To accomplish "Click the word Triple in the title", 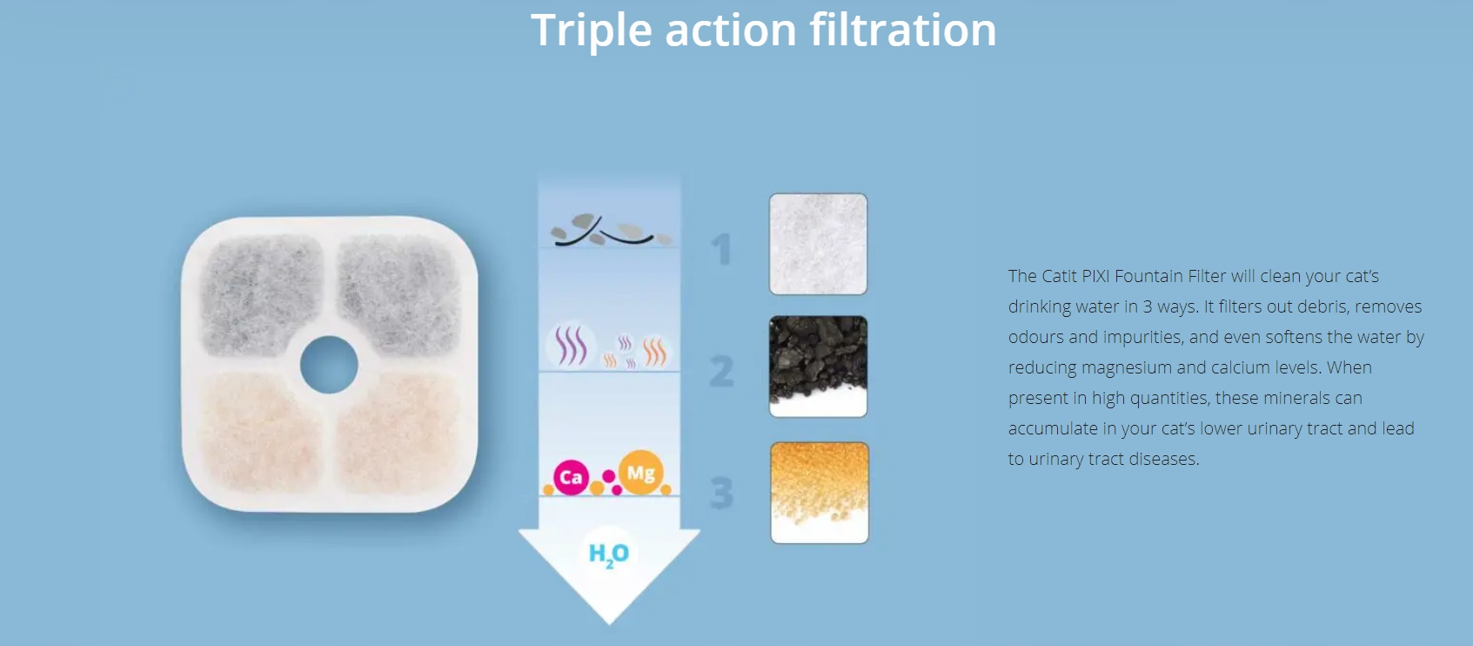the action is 591,31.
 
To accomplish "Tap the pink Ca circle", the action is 571,477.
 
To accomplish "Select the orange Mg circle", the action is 640,473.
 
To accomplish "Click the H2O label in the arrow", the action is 609,554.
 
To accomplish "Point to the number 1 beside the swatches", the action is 722,249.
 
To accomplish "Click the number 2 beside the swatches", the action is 721,370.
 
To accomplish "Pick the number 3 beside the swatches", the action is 721,492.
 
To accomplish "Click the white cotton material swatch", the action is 818,244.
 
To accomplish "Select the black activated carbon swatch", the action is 818,367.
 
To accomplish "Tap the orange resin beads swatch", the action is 820,493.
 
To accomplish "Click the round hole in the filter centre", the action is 329,365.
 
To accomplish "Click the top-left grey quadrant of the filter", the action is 262,294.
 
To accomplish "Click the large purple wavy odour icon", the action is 570,345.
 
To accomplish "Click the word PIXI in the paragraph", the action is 1095,276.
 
